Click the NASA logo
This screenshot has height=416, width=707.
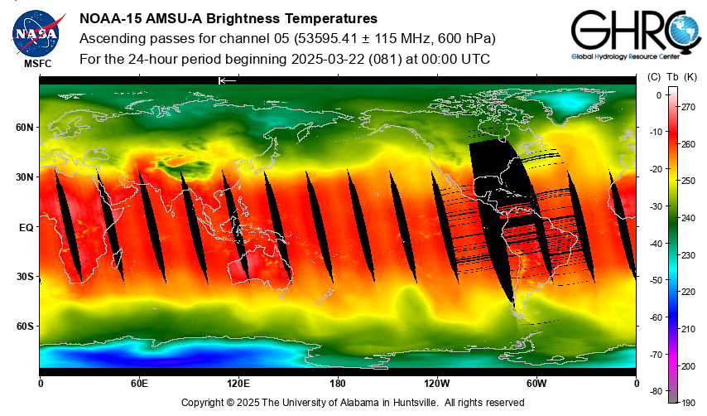[x=36, y=33]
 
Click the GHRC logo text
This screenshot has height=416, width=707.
[x=629, y=33]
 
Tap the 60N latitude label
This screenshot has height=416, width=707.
[x=23, y=128]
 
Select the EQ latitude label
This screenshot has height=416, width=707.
[x=26, y=226]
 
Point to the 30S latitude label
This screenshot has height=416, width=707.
[x=23, y=276]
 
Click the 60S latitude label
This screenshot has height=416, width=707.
[x=23, y=326]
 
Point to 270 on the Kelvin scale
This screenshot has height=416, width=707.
[x=687, y=107]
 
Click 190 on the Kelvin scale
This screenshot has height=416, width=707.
[x=687, y=402]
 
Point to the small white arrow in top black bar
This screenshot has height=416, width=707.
[x=227, y=80]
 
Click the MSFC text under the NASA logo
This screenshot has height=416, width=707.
[x=36, y=63]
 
